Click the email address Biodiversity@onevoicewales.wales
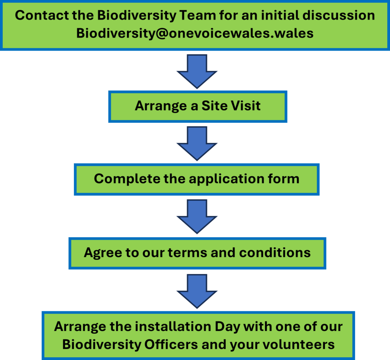195,33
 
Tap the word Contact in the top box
42,15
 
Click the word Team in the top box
198,15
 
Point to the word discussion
339,15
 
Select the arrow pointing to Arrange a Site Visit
197,71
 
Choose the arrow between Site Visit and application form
197,143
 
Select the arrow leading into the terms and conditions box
197,217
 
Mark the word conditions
275,252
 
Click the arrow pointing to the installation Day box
197,291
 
